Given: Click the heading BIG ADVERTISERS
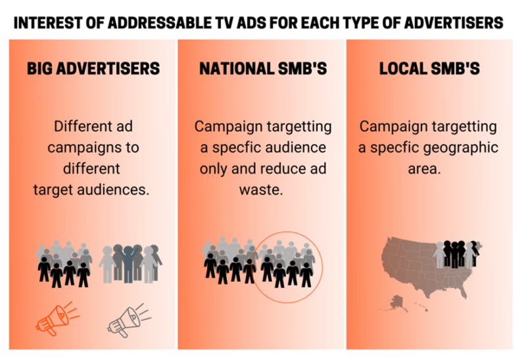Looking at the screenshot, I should (x=93, y=68).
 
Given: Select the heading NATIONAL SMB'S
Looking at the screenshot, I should (x=263, y=68).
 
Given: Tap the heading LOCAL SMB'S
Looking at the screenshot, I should (x=429, y=68).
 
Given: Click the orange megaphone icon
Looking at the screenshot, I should (x=56, y=318).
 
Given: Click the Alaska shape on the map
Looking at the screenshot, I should (x=393, y=302).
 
